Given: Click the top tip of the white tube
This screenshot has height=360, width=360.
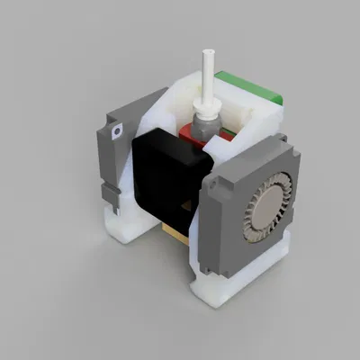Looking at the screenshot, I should tap(209, 55).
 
